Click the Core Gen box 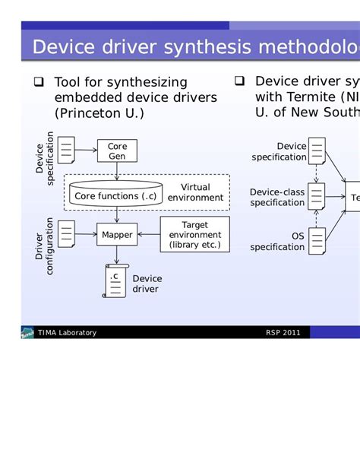(x=117, y=151)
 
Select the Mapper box (x=117, y=235)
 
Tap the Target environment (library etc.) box (x=194, y=235)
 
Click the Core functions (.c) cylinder (x=115, y=195)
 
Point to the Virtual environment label (x=195, y=192)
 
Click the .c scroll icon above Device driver (x=115, y=281)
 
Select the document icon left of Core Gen (x=67, y=150)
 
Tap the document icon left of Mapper (x=67, y=233)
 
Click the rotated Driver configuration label (x=44, y=246)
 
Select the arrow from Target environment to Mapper (x=148, y=235)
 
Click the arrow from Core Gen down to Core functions (x=116, y=170)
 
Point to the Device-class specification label (x=277, y=198)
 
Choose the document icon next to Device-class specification (x=316, y=197)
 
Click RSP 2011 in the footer (x=283, y=333)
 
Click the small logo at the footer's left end (x=27, y=333)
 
